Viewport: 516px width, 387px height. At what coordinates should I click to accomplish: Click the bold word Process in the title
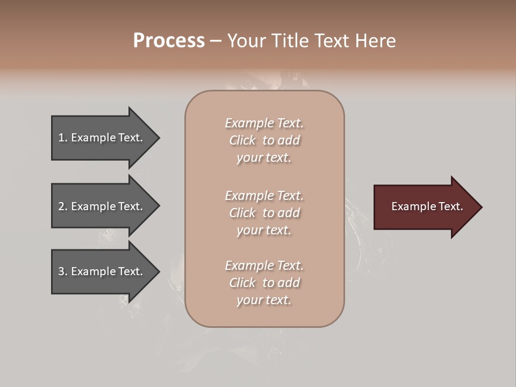(169, 41)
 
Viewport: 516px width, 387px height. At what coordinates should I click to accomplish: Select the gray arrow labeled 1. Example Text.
(102, 138)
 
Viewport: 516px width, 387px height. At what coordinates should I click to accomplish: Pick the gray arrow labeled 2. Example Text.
(102, 206)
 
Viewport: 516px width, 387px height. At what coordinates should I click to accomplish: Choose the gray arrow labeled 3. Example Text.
(102, 271)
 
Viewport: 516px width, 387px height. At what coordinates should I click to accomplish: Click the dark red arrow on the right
(425, 207)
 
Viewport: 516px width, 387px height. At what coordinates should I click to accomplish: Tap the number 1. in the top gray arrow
(63, 138)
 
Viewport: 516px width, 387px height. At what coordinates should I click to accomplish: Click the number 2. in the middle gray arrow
(63, 206)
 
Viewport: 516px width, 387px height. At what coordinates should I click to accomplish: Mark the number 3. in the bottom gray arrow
(63, 271)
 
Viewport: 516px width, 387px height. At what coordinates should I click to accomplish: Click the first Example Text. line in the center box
(264, 123)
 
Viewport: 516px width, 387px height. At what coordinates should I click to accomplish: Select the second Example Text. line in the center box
(264, 196)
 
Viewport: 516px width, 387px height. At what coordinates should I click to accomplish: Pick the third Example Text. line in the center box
(264, 266)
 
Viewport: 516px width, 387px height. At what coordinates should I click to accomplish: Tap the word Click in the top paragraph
(242, 140)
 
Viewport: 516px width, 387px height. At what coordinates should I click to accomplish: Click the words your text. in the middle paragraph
(264, 231)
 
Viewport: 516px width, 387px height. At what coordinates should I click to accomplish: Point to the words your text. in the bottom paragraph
(264, 300)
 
